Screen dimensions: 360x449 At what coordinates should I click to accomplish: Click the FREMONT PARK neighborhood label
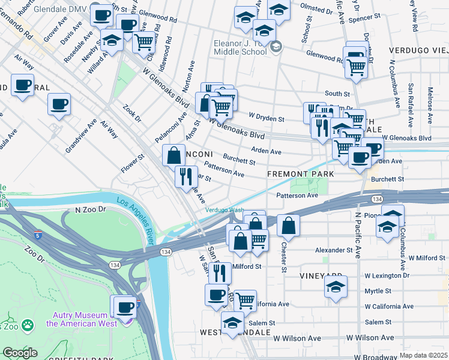click(301, 174)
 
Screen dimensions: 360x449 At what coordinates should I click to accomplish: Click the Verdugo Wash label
click(224, 210)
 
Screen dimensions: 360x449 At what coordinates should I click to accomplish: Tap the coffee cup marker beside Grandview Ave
click(59, 104)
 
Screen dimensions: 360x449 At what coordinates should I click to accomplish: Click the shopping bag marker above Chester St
click(288, 225)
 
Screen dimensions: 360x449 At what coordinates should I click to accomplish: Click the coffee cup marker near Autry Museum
click(125, 307)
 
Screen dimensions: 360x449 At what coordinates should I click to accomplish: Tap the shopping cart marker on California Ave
click(245, 300)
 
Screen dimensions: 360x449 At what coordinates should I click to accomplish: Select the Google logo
click(20, 353)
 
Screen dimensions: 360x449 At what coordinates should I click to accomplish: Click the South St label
click(337, 94)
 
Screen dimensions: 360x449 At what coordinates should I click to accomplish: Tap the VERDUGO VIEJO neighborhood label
click(418, 49)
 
